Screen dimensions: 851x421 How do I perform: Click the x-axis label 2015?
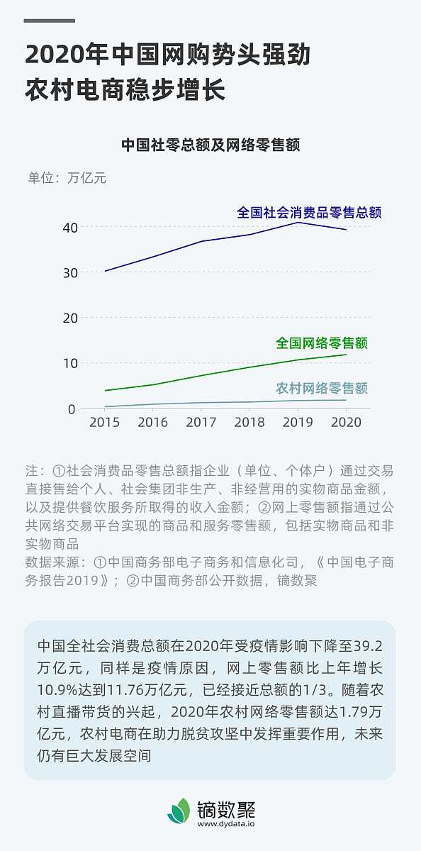(104, 422)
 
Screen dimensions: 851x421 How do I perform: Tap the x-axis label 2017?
(201, 422)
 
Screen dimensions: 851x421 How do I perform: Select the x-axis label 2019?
(298, 422)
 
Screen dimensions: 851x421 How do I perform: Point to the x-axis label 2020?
(346, 422)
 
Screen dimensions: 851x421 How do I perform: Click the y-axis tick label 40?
(69, 227)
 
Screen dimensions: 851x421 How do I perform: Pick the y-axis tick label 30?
(69, 272)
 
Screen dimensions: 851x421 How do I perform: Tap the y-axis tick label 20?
(69, 318)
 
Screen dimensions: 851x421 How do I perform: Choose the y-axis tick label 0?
(72, 408)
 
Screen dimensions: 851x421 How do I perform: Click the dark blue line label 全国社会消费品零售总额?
(309, 212)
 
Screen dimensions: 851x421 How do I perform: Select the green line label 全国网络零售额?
(322, 343)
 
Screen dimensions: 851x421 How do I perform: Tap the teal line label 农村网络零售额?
(322, 389)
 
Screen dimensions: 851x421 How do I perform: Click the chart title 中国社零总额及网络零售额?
(211, 145)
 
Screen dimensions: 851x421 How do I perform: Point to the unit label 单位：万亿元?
(67, 178)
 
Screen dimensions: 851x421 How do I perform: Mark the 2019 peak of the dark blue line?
(298, 223)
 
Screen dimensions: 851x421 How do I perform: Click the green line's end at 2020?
(346, 355)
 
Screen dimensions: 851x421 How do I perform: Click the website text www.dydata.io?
(227, 823)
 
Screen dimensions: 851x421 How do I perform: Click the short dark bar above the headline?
(49, 21)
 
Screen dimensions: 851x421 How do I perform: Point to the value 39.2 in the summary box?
(368, 647)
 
